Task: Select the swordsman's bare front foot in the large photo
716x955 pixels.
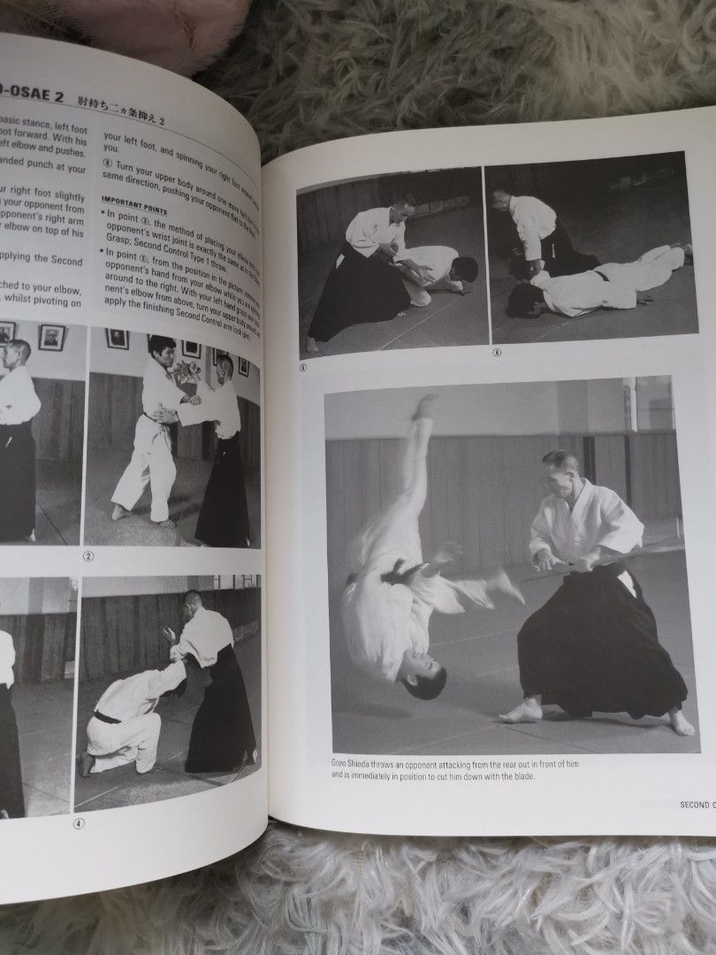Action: [522, 710]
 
